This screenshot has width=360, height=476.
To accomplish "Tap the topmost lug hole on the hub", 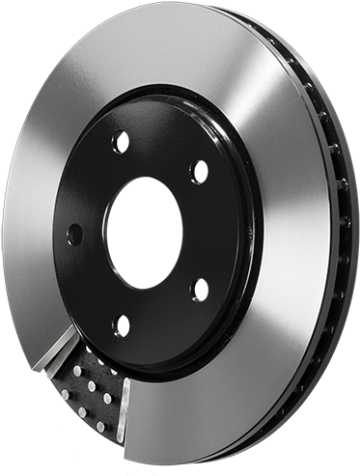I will point(121,142).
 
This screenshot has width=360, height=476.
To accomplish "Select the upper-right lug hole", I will point(199,172).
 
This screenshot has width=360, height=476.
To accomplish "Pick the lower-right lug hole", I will point(199,288).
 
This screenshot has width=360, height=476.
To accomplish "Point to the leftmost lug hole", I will point(74,235).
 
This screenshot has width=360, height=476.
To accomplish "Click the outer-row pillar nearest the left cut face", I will point(65,394).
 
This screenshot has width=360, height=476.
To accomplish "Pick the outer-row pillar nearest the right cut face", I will point(99,426).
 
